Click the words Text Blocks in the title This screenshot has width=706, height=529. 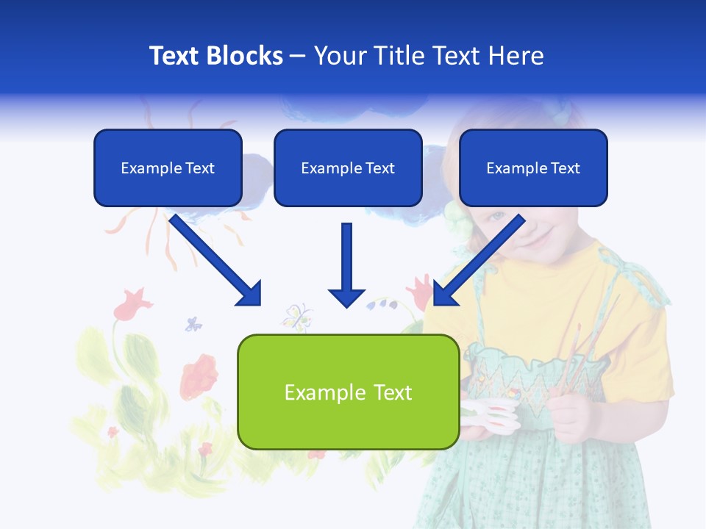215,56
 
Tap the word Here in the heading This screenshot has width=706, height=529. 516,56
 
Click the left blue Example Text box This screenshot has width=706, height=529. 168,168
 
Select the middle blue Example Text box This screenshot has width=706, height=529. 348,168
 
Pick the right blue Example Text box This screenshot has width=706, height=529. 533,168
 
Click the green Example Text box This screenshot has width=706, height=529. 348,392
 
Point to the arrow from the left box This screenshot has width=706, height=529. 216,260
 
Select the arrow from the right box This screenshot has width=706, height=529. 478,260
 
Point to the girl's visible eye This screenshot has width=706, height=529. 499,217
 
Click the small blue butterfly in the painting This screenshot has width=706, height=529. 193,323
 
